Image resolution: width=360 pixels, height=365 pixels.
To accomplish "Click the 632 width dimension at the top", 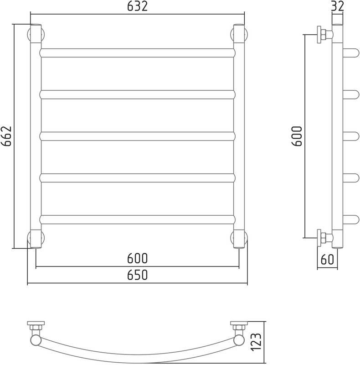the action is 137,6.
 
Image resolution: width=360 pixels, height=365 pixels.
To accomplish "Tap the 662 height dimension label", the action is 6,136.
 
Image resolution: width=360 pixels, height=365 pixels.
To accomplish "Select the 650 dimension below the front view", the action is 137,275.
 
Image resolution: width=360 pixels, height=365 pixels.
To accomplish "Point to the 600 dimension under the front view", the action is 137,258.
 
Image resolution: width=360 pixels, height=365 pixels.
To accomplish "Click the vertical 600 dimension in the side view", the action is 297,136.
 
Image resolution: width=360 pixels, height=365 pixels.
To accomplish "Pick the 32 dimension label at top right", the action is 337,6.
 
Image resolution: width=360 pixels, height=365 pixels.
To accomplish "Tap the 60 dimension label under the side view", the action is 327,259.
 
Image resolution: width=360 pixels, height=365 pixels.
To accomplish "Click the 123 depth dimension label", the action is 256,342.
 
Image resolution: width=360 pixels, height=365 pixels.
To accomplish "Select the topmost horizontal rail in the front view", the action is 138,53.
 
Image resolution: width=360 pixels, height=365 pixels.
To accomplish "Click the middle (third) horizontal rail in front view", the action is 138,136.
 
